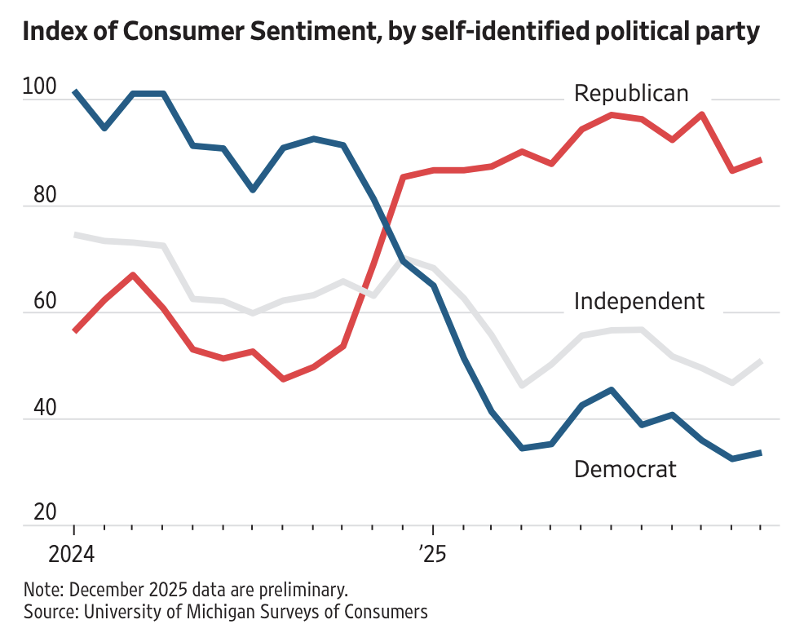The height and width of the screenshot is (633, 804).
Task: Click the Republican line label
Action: pyautogui.click(x=630, y=93)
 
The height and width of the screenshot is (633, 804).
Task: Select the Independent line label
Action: pyautogui.click(x=638, y=301)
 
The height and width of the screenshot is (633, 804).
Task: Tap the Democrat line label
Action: pyautogui.click(x=625, y=469)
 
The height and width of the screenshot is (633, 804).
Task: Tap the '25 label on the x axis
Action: pyautogui.click(x=433, y=556)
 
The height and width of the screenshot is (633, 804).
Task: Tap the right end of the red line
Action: pyautogui.click(x=761, y=160)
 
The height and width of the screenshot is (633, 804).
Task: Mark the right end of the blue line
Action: pyautogui.click(x=761, y=452)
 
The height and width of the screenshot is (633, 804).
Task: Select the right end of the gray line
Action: pyautogui.click(x=761, y=361)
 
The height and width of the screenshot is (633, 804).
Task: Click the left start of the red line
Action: pyautogui.click(x=75, y=330)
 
